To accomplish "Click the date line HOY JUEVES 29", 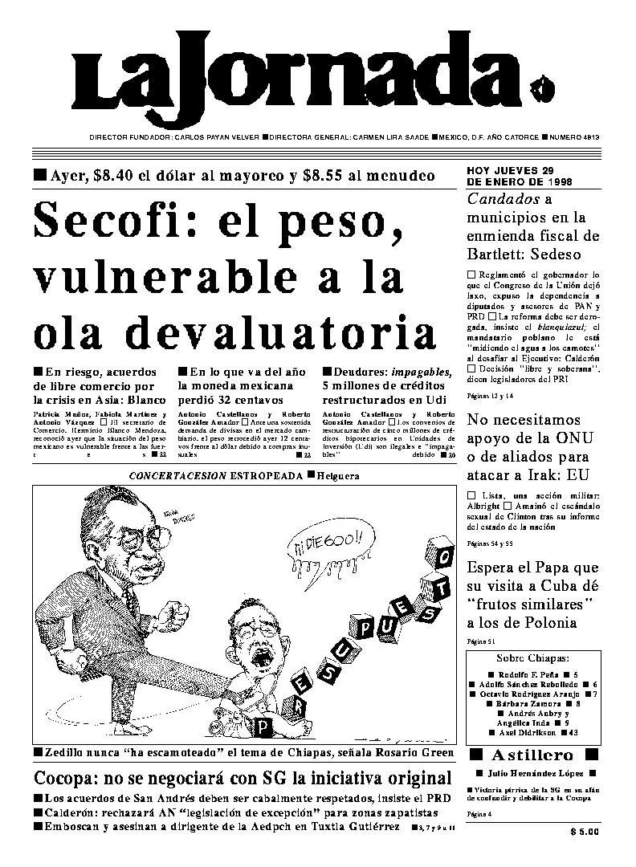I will [510, 171].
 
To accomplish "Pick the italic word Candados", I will [503, 199].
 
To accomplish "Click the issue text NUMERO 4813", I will [577, 137].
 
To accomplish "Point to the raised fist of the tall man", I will [179, 614].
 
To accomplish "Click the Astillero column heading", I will [532, 755].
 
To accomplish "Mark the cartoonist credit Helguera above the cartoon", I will [337, 476].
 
